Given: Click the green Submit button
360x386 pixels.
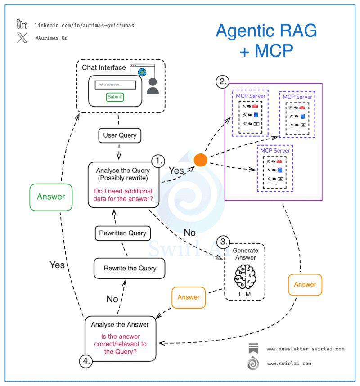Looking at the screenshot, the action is [115, 97].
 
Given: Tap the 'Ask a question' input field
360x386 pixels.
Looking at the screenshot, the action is [116, 85].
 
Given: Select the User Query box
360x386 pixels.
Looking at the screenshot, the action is [120, 135].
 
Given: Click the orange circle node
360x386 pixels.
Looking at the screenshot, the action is [200, 160].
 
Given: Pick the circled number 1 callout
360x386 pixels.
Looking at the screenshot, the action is [158, 161].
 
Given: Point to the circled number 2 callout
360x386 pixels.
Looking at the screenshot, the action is [223, 81].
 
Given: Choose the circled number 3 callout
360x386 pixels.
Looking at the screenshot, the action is [223, 242].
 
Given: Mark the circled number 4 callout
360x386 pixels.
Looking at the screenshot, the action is [85, 361].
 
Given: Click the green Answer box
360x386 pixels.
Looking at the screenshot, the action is [51, 197].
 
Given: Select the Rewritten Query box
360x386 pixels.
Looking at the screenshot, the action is [123, 233].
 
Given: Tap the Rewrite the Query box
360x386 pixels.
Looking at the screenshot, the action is [130, 268].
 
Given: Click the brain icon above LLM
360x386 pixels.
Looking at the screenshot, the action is [245, 276].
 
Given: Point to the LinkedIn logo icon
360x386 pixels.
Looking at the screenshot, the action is [22, 24].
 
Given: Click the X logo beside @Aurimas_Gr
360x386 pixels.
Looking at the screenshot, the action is [22, 38].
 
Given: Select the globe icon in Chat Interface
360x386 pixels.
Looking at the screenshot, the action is [142, 72].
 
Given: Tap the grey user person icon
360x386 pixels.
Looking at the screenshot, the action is [153, 86].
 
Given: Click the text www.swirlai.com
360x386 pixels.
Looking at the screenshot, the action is [289, 364].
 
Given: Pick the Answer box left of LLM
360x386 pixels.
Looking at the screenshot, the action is [189, 298].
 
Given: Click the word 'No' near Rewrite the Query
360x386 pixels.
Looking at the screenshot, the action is [112, 299].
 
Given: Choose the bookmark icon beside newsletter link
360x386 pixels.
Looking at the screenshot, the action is [253, 348].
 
